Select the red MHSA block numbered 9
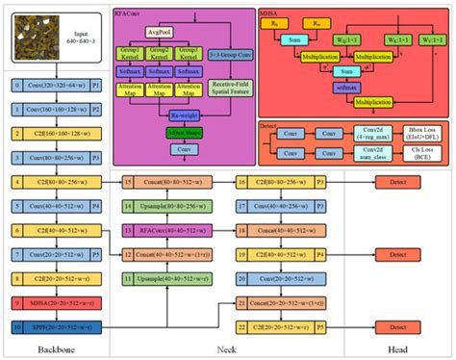click(x=58, y=303)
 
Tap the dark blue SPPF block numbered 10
click(x=58, y=327)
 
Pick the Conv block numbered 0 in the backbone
click(x=58, y=85)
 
